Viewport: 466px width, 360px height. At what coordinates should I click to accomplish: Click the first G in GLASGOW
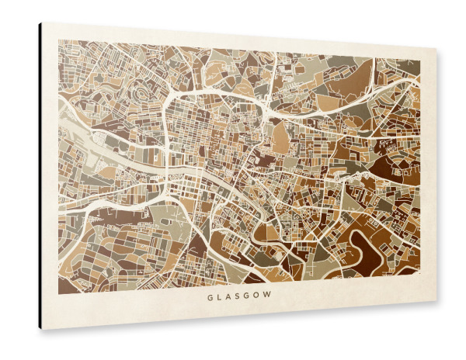(210, 296)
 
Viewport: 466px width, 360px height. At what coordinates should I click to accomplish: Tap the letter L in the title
(220, 296)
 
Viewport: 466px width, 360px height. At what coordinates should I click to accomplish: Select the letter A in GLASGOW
(229, 296)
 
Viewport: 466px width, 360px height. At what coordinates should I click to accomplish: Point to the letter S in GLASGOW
(238, 296)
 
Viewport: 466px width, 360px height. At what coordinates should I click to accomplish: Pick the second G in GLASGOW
(248, 296)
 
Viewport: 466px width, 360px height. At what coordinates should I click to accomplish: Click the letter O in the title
(258, 296)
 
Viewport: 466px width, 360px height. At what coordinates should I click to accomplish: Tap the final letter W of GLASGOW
(269, 296)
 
